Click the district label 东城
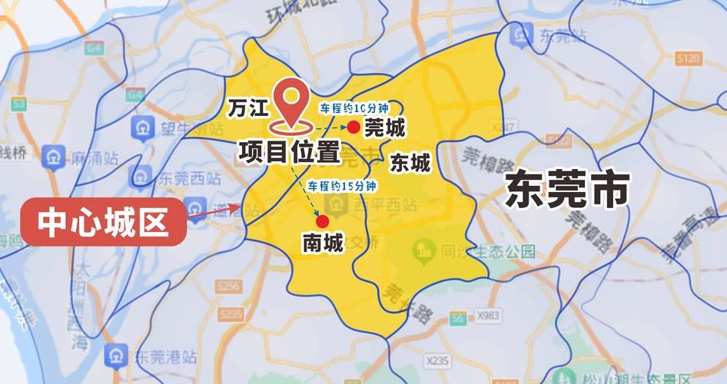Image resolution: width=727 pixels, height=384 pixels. pos(410,163)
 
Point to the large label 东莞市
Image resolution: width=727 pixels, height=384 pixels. pos(568,190)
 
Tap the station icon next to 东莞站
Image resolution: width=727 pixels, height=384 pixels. pos(526,35)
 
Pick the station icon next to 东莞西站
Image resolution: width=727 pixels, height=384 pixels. pos(143,177)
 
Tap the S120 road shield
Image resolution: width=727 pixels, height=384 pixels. pos(688,58)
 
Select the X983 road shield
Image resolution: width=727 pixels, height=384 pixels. pos(486,315)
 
